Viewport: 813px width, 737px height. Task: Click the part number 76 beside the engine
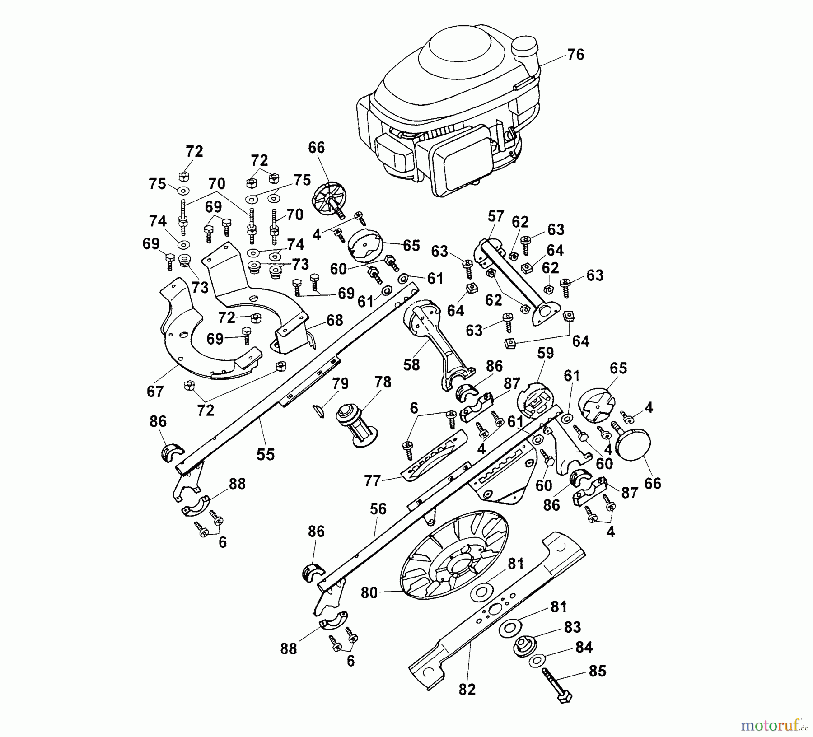point(575,55)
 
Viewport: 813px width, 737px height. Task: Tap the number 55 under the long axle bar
point(266,454)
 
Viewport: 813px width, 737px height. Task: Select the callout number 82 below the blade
point(467,690)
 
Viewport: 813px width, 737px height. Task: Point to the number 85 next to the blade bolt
point(598,671)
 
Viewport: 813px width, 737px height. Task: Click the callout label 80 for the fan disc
point(369,592)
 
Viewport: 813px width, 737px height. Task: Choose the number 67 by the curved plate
point(155,392)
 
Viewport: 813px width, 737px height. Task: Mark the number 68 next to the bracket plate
point(335,320)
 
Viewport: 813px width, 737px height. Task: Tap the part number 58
point(411,365)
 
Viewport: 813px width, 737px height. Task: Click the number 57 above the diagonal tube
point(496,216)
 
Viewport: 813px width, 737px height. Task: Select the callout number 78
point(383,382)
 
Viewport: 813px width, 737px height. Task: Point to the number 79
point(340,384)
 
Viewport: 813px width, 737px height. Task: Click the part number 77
point(373,481)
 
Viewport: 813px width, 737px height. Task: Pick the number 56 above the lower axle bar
point(378,509)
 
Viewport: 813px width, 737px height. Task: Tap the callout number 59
point(546,353)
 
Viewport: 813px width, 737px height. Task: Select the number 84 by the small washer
point(584,647)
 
